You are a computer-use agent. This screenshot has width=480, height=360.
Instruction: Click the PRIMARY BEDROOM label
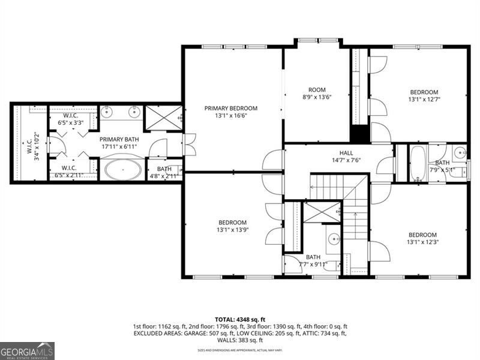pos(231,109)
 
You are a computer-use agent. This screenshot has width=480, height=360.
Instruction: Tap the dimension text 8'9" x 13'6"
pos(316,97)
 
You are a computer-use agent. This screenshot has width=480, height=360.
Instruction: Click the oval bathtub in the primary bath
pos(124,169)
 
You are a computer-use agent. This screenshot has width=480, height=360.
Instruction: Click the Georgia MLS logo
pos(27,350)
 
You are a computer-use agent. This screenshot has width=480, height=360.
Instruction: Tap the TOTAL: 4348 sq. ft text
pos(240,319)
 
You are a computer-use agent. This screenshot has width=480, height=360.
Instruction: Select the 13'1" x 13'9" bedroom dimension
pos(232,230)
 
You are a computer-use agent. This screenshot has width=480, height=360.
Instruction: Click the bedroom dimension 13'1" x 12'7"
pos(424,100)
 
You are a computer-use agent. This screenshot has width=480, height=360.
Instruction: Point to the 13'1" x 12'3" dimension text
pos(423,242)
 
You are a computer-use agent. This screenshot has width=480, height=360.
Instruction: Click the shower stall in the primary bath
pos(163,117)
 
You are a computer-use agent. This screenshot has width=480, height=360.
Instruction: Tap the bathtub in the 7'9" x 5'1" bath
pos(418,163)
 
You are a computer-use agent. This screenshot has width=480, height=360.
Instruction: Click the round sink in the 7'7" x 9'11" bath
pos(334,241)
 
